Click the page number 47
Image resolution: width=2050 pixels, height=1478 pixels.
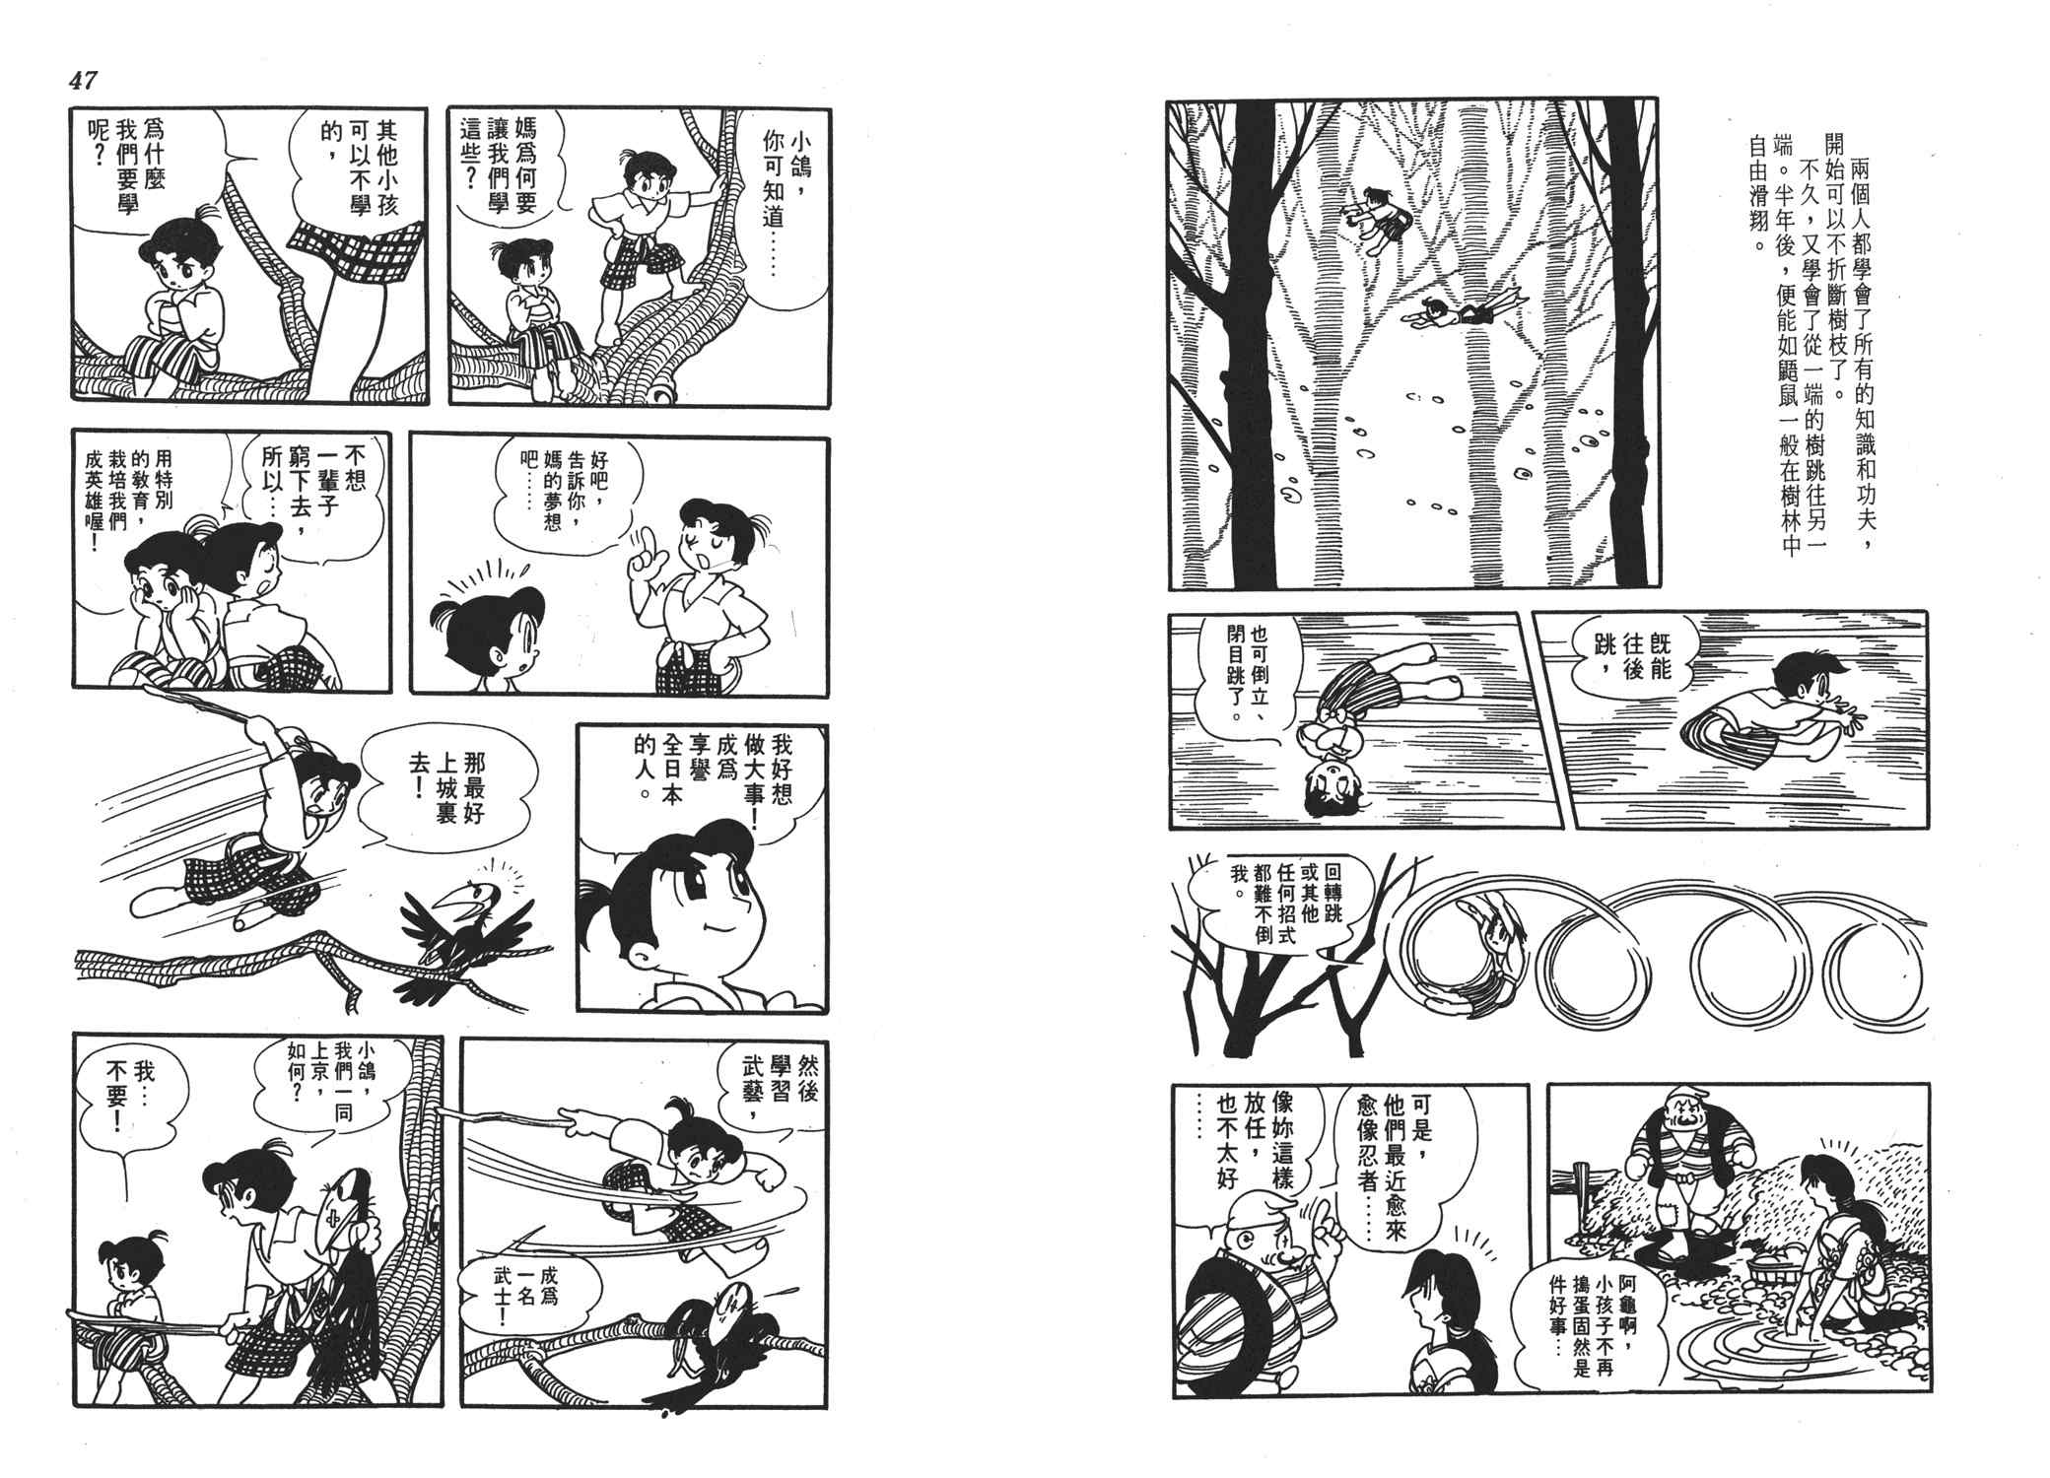click(84, 81)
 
